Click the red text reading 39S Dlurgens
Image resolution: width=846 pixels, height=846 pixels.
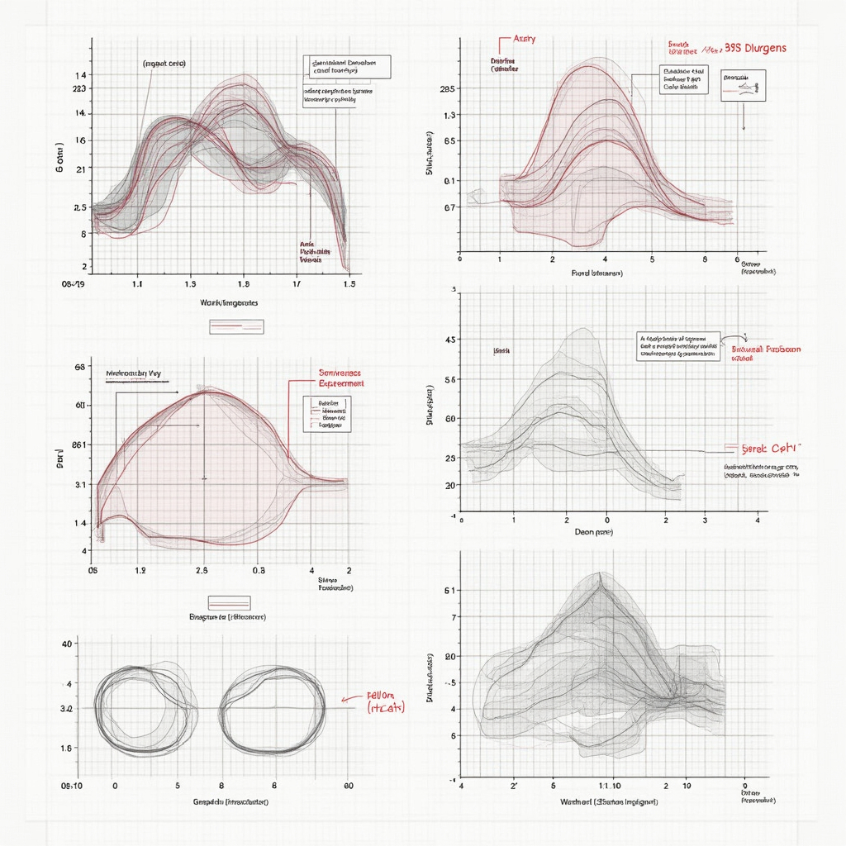pos(755,48)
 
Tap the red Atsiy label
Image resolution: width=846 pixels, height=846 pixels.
pos(525,39)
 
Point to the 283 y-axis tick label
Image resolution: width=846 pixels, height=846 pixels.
pos(79,89)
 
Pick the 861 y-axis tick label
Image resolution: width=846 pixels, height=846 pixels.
pos(79,444)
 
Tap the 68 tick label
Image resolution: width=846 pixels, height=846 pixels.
pos(81,366)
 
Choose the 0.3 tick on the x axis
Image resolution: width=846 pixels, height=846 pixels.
pos(259,570)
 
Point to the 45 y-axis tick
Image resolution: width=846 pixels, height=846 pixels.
pos(450,340)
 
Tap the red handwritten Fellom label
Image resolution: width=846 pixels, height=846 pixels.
pos(382,696)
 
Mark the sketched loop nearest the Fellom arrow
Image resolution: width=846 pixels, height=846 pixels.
pos(272,711)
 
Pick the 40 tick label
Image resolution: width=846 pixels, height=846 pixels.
pos(69,644)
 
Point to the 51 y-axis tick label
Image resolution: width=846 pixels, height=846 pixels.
pos(450,591)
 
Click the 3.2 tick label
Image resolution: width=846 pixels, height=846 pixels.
pos(66,709)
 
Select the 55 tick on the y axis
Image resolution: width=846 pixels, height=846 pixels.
pos(450,380)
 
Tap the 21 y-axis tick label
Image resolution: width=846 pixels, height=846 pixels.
pos(81,169)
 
